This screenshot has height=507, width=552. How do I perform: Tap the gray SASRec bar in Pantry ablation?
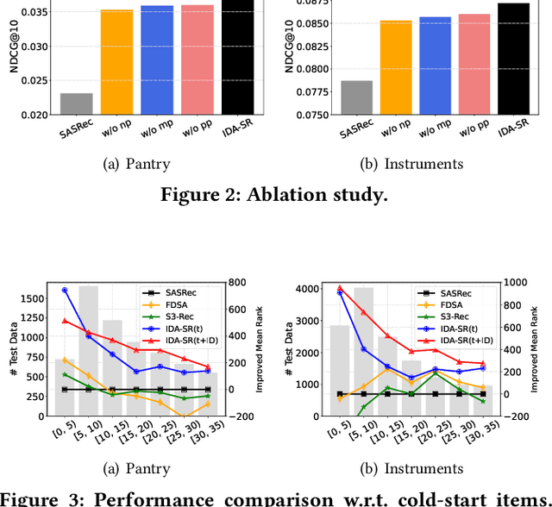click(77, 103)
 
